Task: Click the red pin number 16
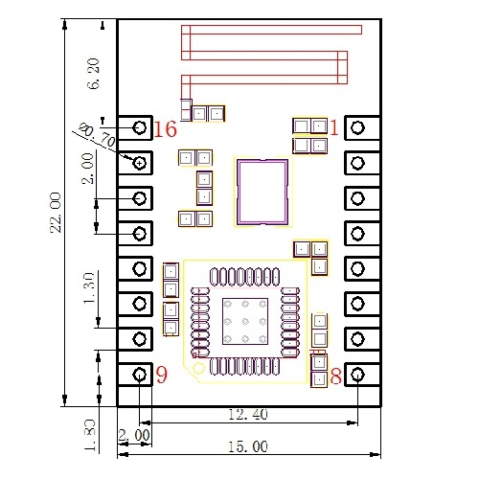click(x=165, y=129)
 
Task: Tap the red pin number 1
click(x=334, y=127)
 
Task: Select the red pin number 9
click(x=162, y=375)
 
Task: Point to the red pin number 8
click(x=336, y=376)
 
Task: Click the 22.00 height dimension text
click(x=56, y=213)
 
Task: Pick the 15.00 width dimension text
click(x=248, y=446)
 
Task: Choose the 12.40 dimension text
click(x=248, y=415)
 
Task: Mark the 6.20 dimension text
click(x=93, y=74)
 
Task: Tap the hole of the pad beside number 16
click(x=140, y=127)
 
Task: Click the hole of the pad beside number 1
click(x=357, y=127)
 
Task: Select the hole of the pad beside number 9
click(x=140, y=375)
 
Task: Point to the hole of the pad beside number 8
click(x=357, y=375)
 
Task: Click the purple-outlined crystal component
click(x=238, y=192)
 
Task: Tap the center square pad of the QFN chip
click(x=245, y=321)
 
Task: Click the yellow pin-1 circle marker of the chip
click(x=198, y=369)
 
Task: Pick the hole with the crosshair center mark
click(x=140, y=163)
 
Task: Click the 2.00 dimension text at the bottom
click(x=134, y=435)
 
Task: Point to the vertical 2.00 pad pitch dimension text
click(x=88, y=169)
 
